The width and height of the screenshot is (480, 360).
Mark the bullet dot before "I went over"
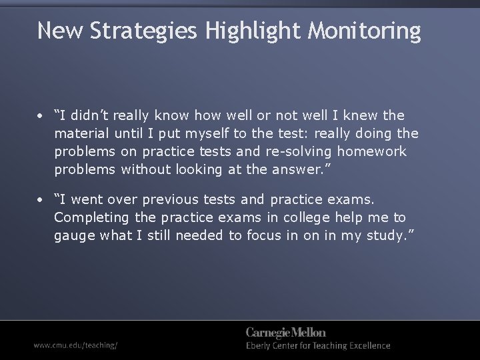click(x=41, y=199)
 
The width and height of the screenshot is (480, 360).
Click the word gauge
click(x=75, y=235)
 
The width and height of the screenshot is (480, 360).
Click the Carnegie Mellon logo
click(x=286, y=333)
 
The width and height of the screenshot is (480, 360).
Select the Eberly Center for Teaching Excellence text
click(x=318, y=346)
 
